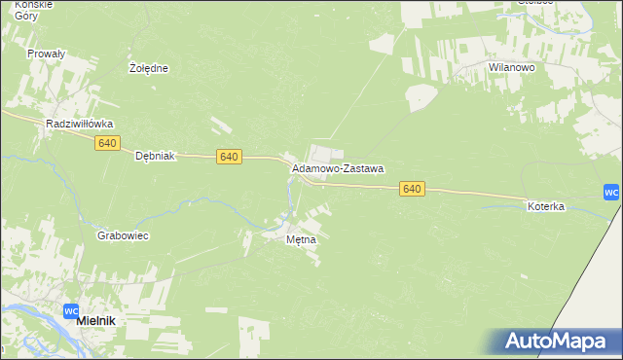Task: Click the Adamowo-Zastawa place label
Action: (x=338, y=168)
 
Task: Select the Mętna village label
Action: (x=301, y=239)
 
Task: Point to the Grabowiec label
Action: (x=123, y=236)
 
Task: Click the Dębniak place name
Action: (x=154, y=156)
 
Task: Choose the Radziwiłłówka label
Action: (x=81, y=125)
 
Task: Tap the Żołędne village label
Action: (x=149, y=69)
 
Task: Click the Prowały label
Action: (x=46, y=54)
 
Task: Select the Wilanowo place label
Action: (x=513, y=67)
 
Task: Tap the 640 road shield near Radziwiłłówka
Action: (x=107, y=143)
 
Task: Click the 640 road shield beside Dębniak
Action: (x=229, y=157)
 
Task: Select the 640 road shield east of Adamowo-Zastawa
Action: (x=412, y=189)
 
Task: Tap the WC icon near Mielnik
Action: (x=70, y=311)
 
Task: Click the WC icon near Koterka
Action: (x=611, y=192)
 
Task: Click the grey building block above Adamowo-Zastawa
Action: (x=324, y=154)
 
